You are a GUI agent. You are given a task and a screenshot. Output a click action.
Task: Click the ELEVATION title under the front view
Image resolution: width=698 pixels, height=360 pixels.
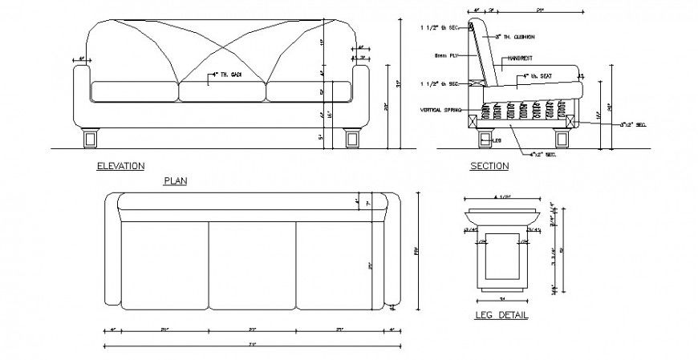tap(120, 166)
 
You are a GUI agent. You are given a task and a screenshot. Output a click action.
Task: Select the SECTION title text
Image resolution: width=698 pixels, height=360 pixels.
tap(489, 166)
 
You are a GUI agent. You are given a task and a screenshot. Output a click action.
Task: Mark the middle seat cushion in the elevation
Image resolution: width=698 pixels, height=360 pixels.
tap(221, 91)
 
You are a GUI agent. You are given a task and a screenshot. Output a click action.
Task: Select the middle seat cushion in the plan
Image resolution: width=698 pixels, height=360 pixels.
tap(252, 265)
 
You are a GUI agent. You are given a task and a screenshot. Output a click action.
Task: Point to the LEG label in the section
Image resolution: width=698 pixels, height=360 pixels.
tap(497, 139)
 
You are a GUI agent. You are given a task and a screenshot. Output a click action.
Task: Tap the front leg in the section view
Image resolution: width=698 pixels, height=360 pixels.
tap(484, 138)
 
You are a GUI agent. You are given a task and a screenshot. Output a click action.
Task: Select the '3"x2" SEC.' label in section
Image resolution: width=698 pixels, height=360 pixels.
tap(633, 124)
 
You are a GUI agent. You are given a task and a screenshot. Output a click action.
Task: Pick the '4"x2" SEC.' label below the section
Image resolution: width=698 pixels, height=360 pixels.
tap(543, 154)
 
